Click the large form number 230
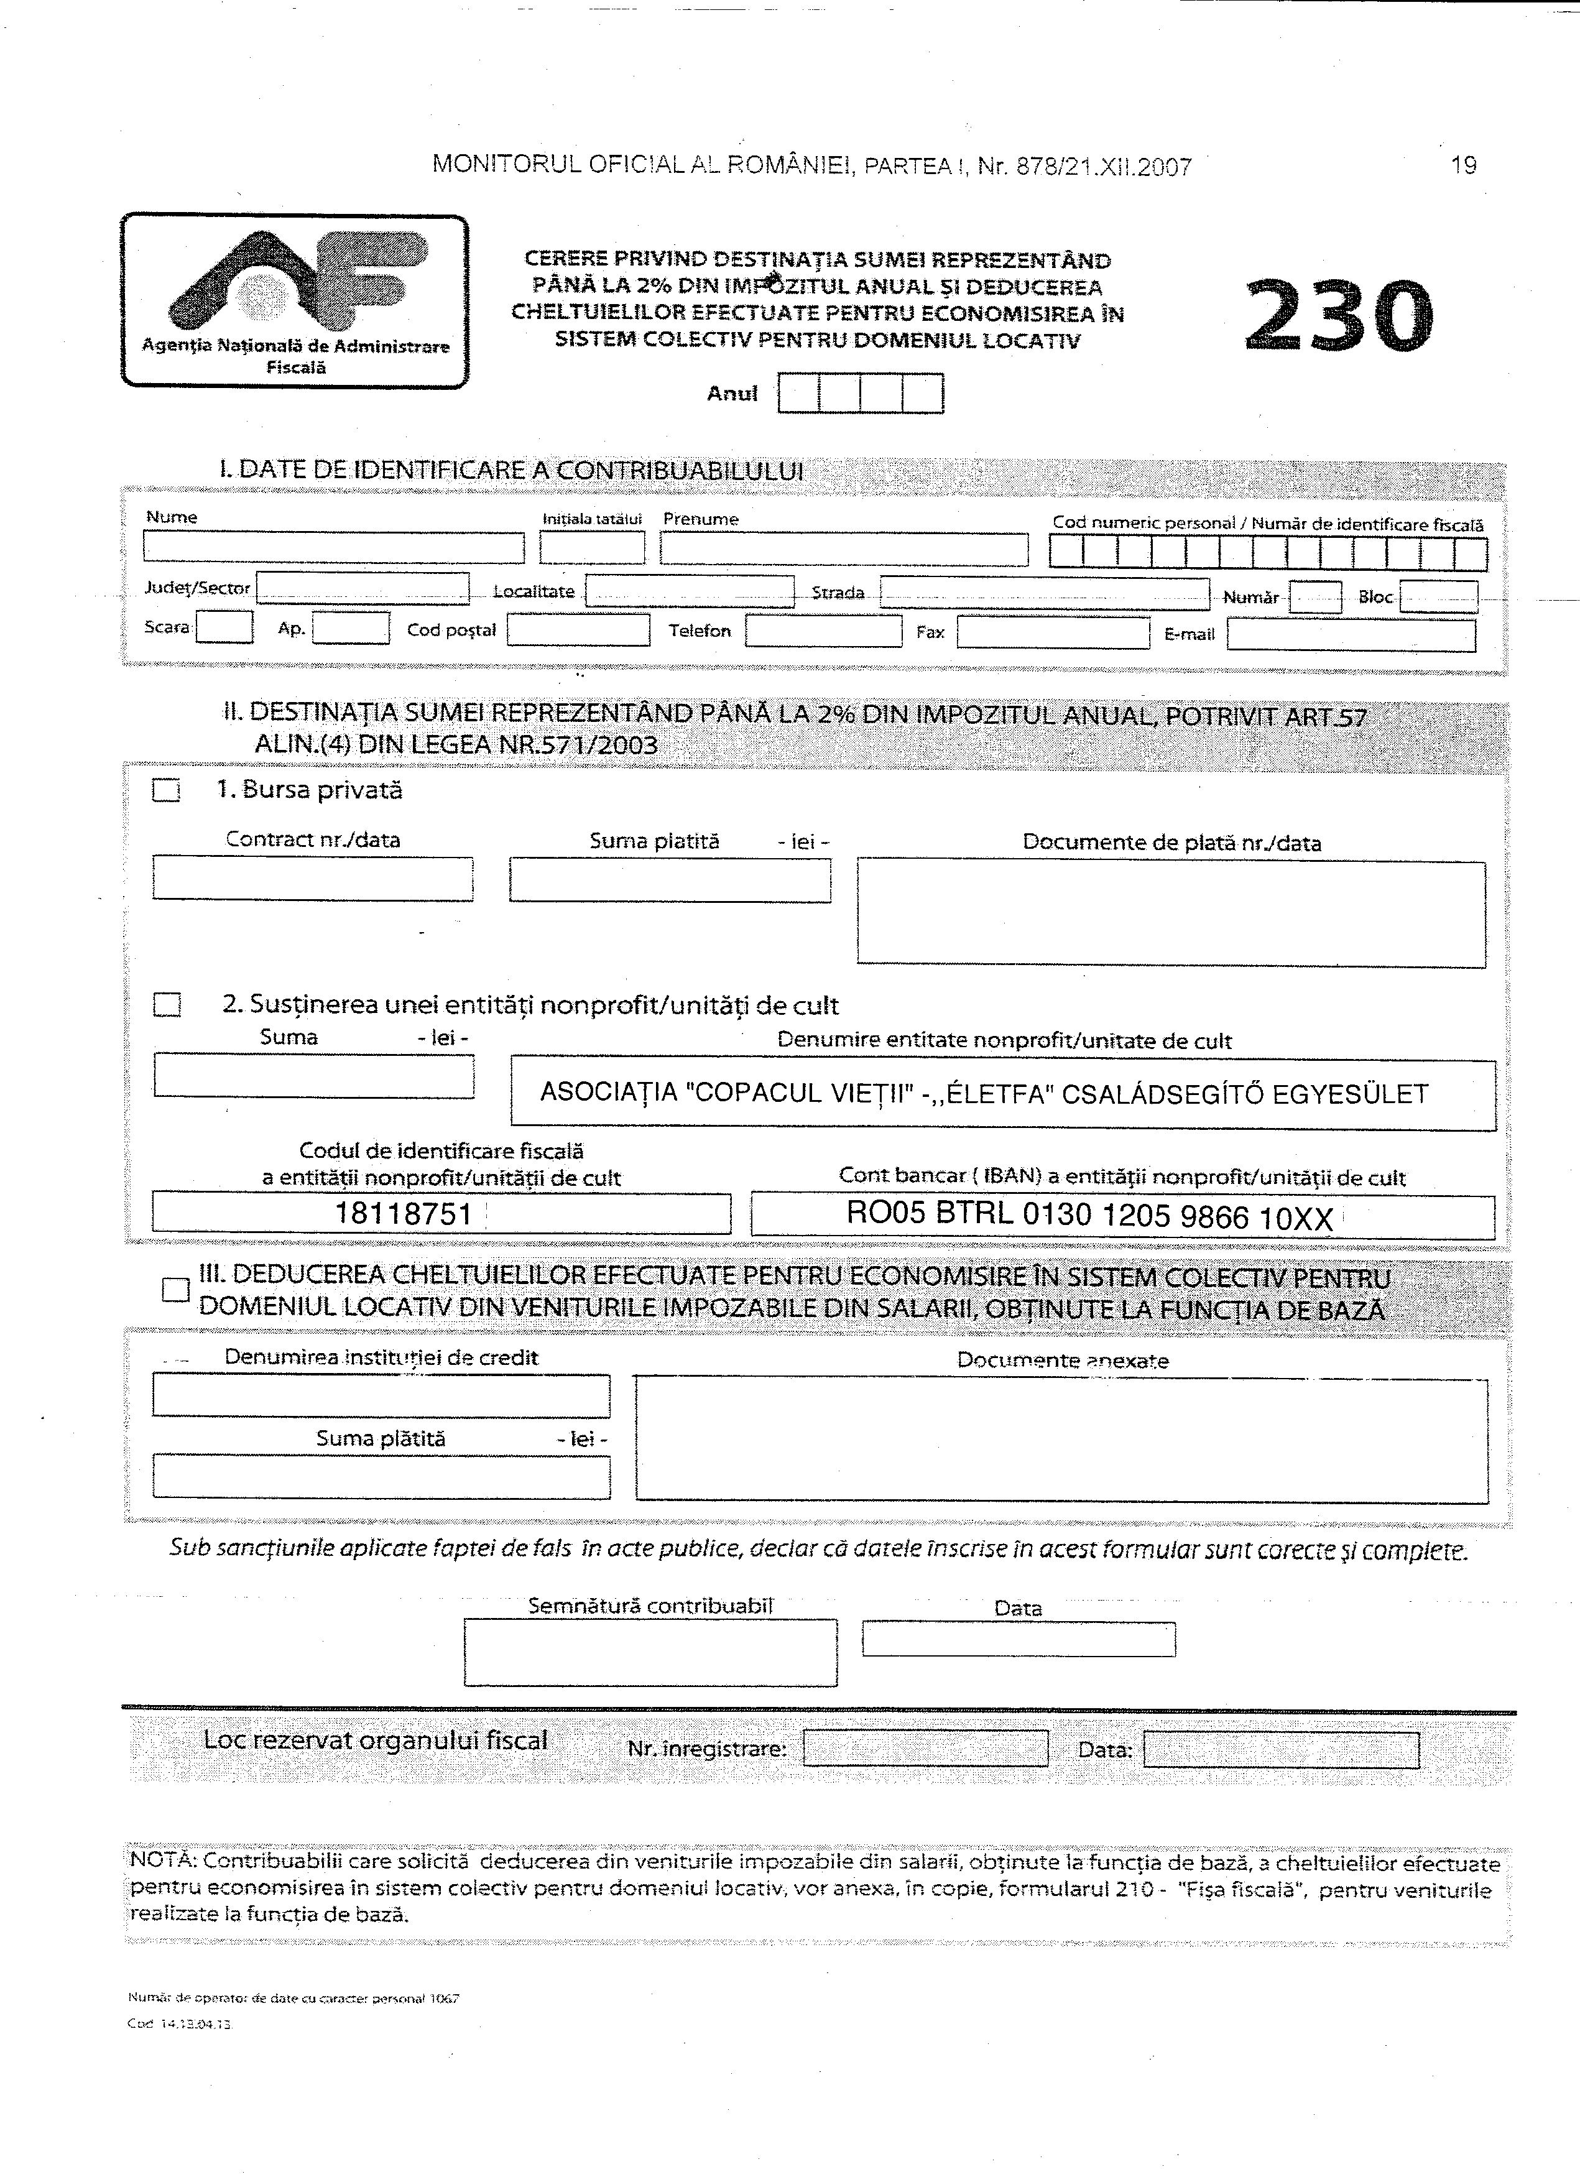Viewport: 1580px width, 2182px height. point(1339,315)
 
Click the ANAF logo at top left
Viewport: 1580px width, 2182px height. point(295,300)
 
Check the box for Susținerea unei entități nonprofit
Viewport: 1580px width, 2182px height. point(167,1004)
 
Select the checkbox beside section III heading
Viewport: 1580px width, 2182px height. point(175,1289)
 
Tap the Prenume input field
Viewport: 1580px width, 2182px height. point(843,549)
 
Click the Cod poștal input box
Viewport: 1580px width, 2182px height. point(578,630)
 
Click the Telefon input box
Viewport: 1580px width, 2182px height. point(823,631)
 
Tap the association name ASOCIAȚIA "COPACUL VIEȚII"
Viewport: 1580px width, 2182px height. point(984,1094)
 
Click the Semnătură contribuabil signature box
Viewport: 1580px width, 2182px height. point(650,1652)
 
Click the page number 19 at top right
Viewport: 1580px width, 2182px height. point(1462,165)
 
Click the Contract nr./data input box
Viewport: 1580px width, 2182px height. point(313,879)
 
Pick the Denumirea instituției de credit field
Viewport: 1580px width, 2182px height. point(381,1395)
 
